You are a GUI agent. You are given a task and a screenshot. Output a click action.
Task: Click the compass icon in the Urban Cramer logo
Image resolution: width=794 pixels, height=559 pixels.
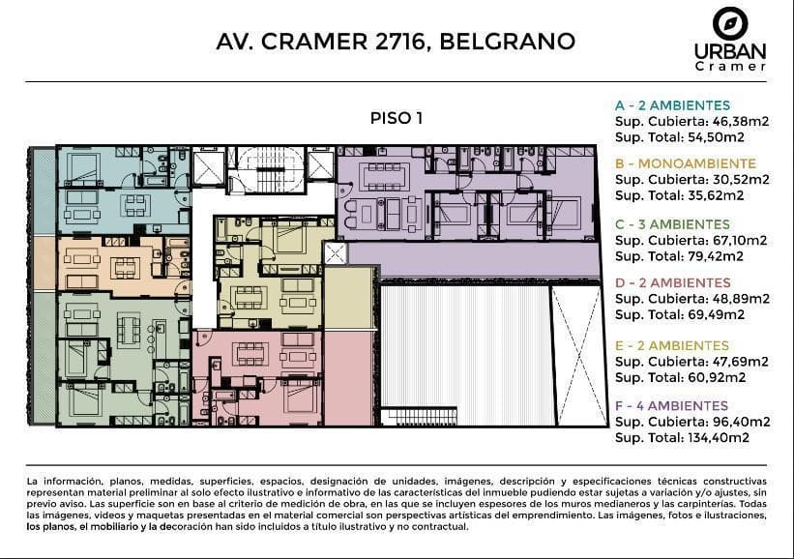(x=730, y=23)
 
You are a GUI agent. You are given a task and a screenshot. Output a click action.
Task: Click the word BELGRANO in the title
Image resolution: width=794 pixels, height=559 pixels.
(x=508, y=42)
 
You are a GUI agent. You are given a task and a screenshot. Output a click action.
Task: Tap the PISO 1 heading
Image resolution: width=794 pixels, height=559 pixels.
(x=397, y=118)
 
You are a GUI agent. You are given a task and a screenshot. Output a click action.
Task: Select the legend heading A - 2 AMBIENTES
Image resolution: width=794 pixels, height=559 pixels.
(x=672, y=105)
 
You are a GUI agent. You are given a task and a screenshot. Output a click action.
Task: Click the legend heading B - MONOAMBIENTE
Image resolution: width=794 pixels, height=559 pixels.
(x=686, y=163)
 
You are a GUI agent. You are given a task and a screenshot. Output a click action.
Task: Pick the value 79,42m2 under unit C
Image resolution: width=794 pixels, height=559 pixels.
(x=716, y=256)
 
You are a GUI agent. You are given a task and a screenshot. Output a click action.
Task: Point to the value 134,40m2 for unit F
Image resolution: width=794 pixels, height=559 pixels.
(x=719, y=438)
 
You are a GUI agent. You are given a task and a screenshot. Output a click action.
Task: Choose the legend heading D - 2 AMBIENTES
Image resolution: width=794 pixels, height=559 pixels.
(x=673, y=282)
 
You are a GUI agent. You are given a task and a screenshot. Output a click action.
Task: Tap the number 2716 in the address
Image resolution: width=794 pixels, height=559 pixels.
(x=399, y=42)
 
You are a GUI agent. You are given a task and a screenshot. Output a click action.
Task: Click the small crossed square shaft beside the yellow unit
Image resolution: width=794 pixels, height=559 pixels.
(x=335, y=253)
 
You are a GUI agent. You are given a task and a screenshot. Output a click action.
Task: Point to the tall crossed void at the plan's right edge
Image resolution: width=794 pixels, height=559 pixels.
(x=578, y=356)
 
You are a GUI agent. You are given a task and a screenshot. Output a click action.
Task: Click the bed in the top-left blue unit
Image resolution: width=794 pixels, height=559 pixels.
(x=81, y=167)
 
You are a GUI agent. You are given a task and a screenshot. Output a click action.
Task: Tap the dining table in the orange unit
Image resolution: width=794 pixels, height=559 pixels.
(x=125, y=268)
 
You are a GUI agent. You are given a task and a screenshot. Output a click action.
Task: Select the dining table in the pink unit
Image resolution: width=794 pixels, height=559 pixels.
(x=250, y=353)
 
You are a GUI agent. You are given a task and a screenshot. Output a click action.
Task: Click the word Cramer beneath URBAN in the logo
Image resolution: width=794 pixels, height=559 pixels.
(x=731, y=67)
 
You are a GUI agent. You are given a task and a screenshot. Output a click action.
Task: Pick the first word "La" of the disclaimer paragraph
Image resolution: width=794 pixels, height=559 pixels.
(x=32, y=481)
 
